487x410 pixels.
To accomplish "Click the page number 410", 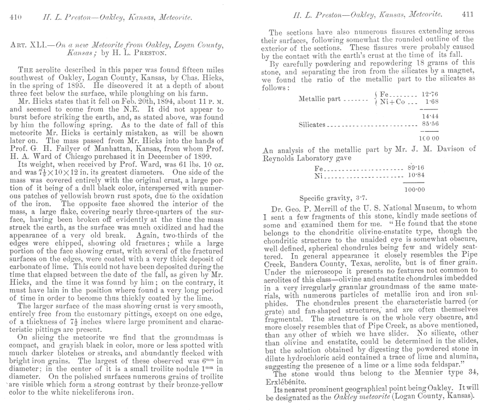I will click(15, 18).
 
